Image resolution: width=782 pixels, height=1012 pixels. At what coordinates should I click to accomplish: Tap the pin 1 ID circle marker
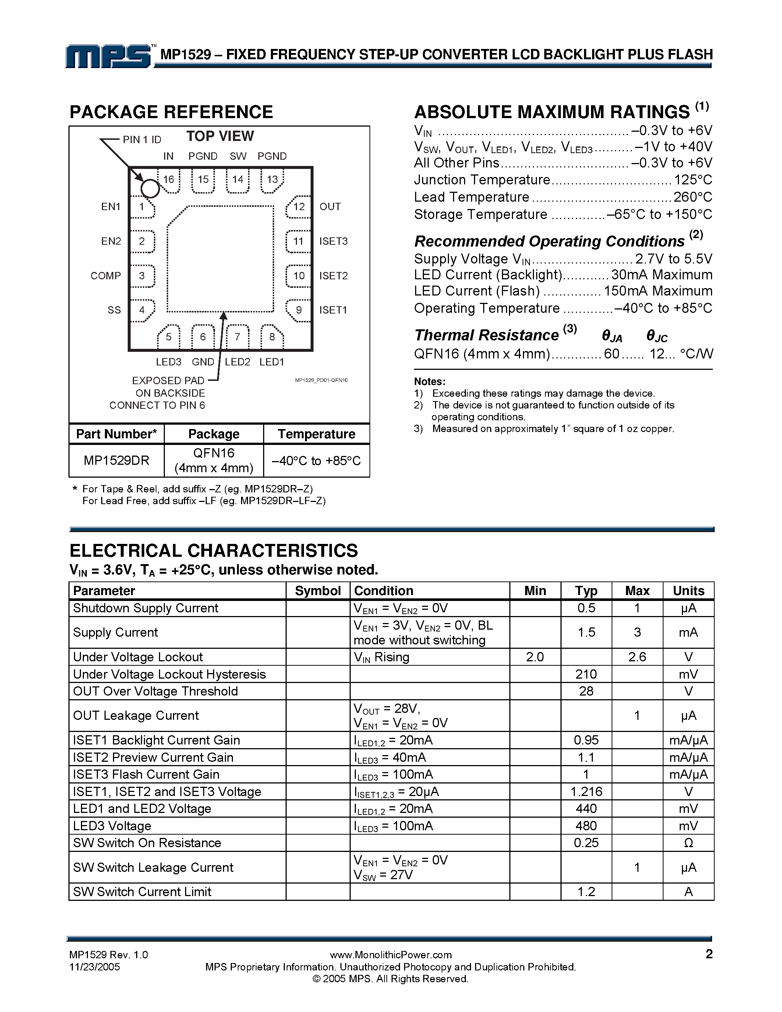pyautogui.click(x=150, y=188)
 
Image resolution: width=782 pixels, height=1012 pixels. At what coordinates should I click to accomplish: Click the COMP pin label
pyautogui.click(x=106, y=276)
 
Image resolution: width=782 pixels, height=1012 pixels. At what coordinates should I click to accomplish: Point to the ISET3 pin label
pyautogui.click(x=333, y=241)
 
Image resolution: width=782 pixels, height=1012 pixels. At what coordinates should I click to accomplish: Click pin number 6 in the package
pyautogui.click(x=203, y=337)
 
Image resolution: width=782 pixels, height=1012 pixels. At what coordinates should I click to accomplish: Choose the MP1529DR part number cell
pyautogui.click(x=116, y=461)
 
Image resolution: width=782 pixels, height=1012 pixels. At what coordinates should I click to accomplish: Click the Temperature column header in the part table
pyautogui.click(x=316, y=434)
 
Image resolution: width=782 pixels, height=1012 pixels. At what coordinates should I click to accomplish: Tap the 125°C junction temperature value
pyautogui.click(x=693, y=180)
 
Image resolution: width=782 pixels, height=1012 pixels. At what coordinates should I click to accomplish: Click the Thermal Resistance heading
pyautogui.click(x=486, y=335)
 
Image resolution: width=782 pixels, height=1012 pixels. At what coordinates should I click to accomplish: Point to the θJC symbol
pyautogui.click(x=657, y=336)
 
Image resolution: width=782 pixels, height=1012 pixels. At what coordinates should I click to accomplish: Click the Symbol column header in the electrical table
pyautogui.click(x=318, y=591)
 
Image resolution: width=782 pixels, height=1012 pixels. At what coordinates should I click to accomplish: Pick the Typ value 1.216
pyautogui.click(x=586, y=792)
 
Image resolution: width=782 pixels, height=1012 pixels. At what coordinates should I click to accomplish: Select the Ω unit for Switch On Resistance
pyautogui.click(x=689, y=843)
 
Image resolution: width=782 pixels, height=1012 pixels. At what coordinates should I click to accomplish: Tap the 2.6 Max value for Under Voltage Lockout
pyautogui.click(x=637, y=657)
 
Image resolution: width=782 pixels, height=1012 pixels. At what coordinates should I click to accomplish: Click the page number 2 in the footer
pyautogui.click(x=709, y=954)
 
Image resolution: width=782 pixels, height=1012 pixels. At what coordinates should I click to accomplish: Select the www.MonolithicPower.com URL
pyautogui.click(x=390, y=955)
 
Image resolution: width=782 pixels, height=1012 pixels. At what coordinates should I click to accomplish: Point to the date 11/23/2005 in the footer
pyautogui.click(x=95, y=967)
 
